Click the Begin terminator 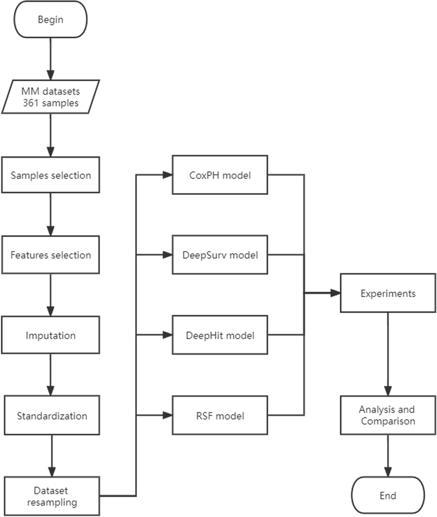click(50, 19)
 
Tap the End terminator click(388, 496)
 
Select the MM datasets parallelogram click(50, 97)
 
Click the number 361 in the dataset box click(30, 103)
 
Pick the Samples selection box click(50, 175)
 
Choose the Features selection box click(50, 255)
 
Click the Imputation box click(50, 335)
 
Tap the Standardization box click(52, 415)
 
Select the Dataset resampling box click(52, 496)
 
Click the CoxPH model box click(220, 175)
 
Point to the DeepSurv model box click(220, 255)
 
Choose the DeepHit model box click(220, 335)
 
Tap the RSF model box click(220, 415)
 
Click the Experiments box click(388, 293)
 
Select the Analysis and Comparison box click(388, 415)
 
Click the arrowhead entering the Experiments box click(335, 293)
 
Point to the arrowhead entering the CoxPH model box click(167, 175)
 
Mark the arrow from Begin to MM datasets click(50, 58)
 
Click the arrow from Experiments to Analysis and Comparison click(388, 353)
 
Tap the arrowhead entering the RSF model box click(167, 415)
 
